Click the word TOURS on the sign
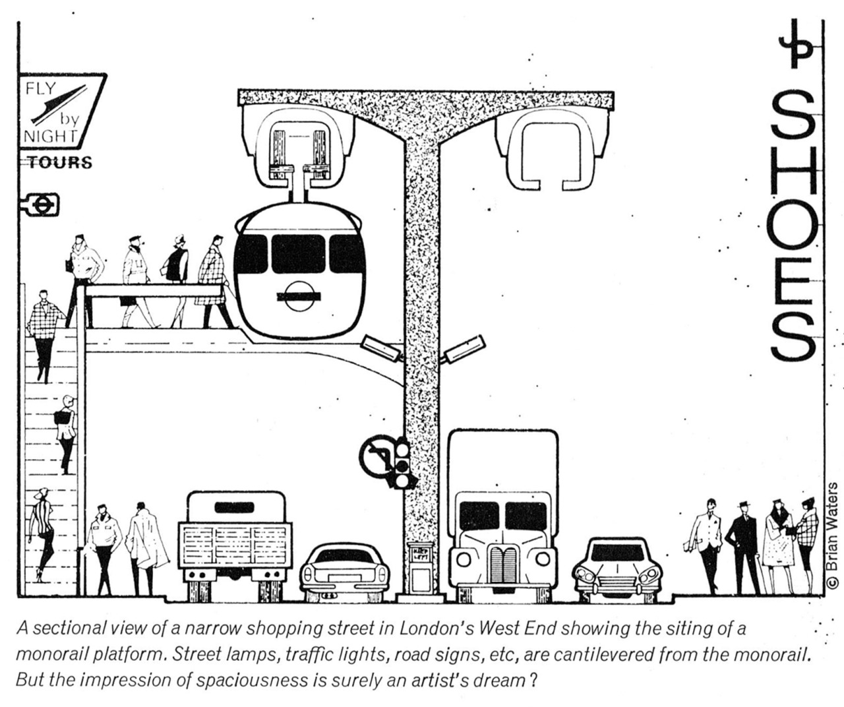click(x=61, y=162)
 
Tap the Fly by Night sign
click(x=59, y=109)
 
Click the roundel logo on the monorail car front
click(x=300, y=295)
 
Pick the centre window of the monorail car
click(x=298, y=253)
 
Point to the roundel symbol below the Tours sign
click(x=40, y=204)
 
